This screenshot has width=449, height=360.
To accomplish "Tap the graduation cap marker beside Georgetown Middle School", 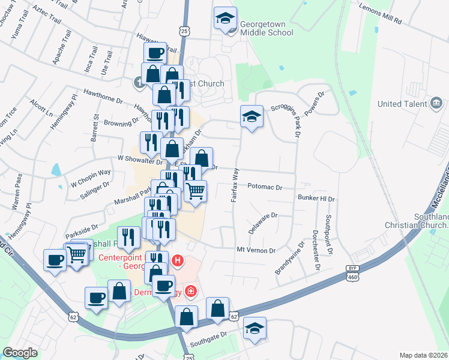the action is coord(225,19).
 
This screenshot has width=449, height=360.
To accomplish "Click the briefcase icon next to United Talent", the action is coord(437,104).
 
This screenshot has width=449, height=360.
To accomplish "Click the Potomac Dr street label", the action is coord(265,187).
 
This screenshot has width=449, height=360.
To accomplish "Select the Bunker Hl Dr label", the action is coord(316,197).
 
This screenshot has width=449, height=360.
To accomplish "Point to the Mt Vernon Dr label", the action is coord(256,250).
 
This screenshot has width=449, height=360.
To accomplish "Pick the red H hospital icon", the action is coord(178,260).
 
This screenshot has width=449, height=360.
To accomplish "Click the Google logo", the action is coord(20,353).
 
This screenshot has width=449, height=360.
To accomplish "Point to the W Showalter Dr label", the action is coord(140,159).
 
